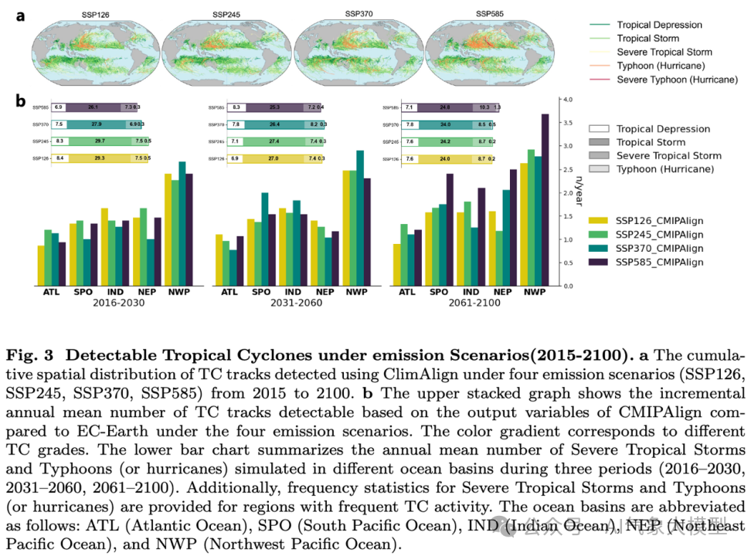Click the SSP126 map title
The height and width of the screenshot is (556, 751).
coord(96,14)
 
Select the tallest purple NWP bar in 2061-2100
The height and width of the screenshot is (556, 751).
coord(545,200)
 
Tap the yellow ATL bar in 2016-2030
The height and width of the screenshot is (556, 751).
coord(41,266)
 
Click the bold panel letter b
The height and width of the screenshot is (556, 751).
coord(21,101)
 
